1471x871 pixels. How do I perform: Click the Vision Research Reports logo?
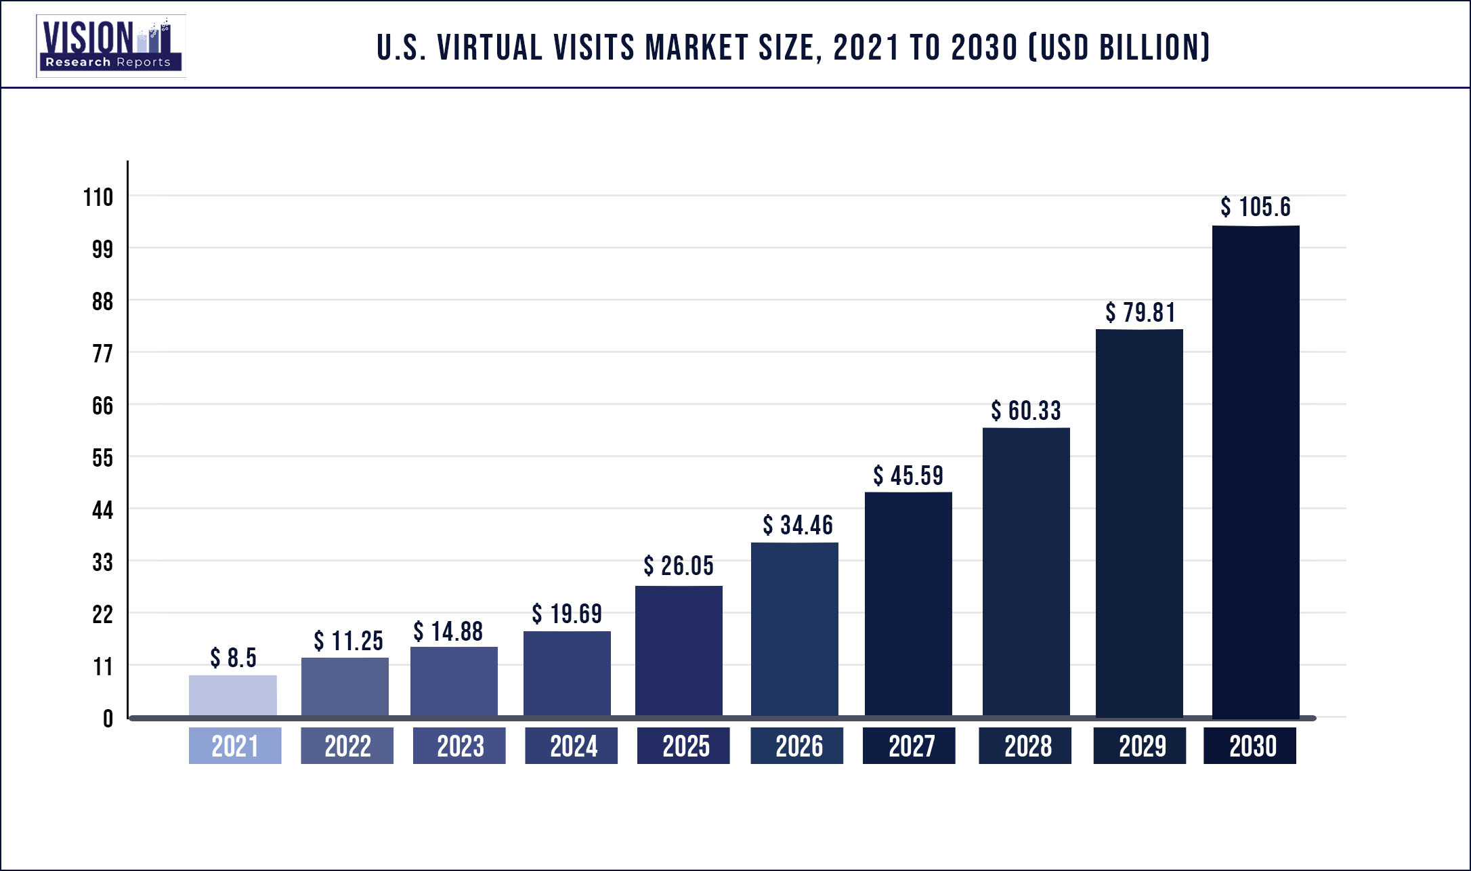point(110,46)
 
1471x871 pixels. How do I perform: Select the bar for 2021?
point(232,696)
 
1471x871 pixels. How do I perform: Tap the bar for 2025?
point(679,651)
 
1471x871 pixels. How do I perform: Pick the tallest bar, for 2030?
point(1256,471)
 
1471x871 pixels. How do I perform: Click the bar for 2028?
point(1026,572)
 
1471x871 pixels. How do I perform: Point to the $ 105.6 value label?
point(1256,207)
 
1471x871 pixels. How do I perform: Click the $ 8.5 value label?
point(233,658)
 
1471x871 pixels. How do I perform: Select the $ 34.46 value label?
point(798,525)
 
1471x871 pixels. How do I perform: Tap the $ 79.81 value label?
point(1140,313)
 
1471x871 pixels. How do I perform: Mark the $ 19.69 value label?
point(567,614)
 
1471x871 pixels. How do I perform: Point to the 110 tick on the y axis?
point(98,198)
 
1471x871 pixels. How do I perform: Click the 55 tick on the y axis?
point(102,459)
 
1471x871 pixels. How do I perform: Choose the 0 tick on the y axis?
point(108,719)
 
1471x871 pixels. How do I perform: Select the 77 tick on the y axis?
point(102,354)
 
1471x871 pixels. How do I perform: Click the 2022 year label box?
point(347,746)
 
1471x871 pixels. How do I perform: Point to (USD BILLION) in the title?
point(1119,48)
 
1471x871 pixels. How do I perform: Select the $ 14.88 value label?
point(448,631)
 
